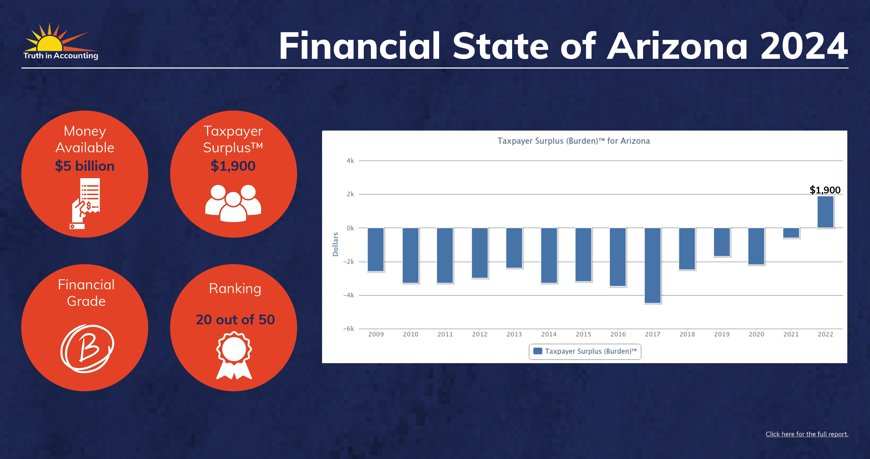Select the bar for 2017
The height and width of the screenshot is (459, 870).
(652, 265)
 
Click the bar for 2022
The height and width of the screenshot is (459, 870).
(825, 212)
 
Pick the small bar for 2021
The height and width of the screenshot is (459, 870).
(791, 233)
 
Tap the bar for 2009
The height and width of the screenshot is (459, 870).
(376, 249)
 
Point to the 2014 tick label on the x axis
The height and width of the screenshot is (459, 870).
(549, 334)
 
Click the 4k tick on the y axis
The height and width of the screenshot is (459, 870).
(350, 160)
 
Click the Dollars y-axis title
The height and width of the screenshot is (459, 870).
(335, 244)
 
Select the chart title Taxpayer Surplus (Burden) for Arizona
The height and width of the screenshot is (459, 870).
(573, 141)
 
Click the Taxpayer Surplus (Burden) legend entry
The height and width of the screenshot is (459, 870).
(585, 351)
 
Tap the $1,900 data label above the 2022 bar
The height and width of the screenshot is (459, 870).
(825, 190)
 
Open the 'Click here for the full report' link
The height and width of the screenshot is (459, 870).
(807, 434)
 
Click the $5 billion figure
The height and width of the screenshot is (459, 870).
(85, 166)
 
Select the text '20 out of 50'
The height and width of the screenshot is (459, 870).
(235, 319)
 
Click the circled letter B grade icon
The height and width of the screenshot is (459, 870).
(87, 349)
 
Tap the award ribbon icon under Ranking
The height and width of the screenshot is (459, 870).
(234, 355)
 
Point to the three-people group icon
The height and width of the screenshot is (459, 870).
(233, 203)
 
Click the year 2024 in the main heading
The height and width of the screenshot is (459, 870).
(804, 46)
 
